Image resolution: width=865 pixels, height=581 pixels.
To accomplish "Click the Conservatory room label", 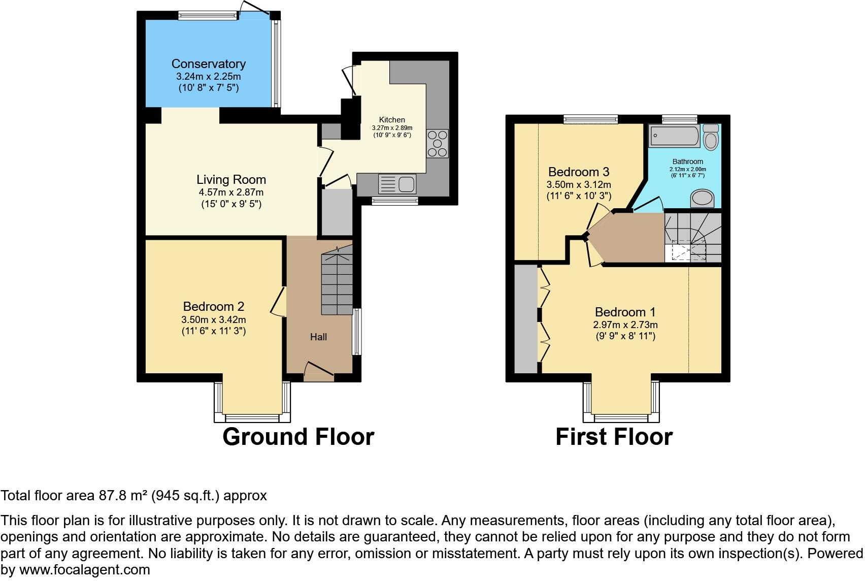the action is pyautogui.click(x=209, y=64).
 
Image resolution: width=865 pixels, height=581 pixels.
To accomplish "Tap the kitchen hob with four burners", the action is pyautogui.click(x=438, y=144).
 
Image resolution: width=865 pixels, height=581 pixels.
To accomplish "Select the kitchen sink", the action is pyautogui.click(x=397, y=184).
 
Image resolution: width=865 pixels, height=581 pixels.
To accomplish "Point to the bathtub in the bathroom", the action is pyautogui.click(x=674, y=136).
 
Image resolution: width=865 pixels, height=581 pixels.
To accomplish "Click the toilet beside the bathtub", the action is pyautogui.click(x=711, y=137).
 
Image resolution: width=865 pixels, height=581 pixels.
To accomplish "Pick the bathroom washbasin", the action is pyautogui.click(x=703, y=199).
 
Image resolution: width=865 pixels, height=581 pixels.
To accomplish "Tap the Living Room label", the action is pyautogui.click(x=231, y=180).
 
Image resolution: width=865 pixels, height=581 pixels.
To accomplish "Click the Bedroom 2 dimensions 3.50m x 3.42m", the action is pyautogui.click(x=214, y=320).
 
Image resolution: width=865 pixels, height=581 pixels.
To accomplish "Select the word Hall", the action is pyautogui.click(x=319, y=337).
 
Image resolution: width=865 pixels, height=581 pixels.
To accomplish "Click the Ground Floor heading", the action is pyautogui.click(x=298, y=437).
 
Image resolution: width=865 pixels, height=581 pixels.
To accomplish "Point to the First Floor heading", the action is pyautogui.click(x=614, y=437).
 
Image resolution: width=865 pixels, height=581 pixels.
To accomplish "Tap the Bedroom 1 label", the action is pyautogui.click(x=625, y=312).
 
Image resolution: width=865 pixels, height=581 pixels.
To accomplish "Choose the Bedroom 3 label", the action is pyautogui.click(x=579, y=172).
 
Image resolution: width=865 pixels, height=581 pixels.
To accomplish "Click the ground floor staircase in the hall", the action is pyautogui.click(x=337, y=280).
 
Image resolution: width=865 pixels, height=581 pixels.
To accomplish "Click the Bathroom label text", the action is pyautogui.click(x=688, y=162).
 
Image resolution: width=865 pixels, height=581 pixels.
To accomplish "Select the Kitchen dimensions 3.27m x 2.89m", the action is pyautogui.click(x=392, y=128).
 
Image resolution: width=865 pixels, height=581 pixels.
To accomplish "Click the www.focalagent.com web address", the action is pyautogui.click(x=85, y=570).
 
